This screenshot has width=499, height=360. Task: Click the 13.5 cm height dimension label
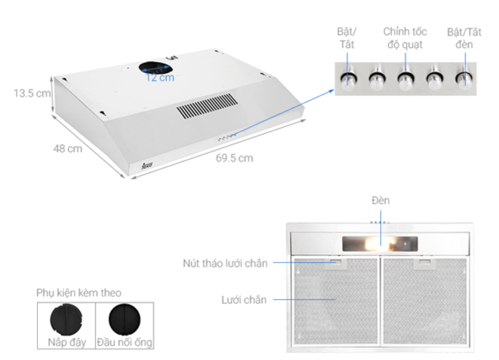(32, 93)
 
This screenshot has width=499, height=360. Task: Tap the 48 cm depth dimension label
(68, 149)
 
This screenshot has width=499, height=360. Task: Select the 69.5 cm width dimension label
(235, 158)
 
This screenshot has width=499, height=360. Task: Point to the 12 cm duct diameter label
(160, 78)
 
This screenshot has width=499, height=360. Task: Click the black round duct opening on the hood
(156, 68)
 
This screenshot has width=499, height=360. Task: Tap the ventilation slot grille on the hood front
(207, 106)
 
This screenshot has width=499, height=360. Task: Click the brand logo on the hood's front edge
(147, 165)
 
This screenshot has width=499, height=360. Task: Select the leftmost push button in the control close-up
(349, 80)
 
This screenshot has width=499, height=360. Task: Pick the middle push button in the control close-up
(406, 80)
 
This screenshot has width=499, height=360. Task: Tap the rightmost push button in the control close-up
(464, 80)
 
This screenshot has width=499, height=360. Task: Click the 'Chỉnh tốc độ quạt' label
(405, 38)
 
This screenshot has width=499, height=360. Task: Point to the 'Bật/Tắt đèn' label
(464, 38)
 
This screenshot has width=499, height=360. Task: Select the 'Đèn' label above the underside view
(380, 201)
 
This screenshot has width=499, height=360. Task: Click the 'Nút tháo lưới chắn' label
(225, 263)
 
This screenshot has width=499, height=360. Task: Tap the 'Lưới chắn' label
(244, 300)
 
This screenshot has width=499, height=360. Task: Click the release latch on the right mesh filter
(425, 263)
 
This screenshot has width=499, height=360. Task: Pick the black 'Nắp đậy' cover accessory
(66, 320)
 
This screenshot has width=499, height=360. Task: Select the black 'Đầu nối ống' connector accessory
(124, 320)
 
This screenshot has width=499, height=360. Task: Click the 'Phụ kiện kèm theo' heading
(79, 293)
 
